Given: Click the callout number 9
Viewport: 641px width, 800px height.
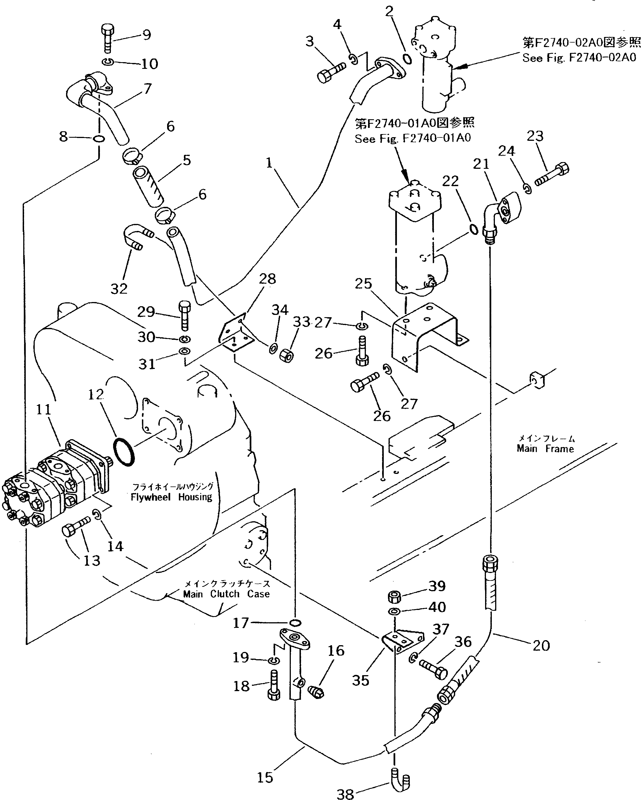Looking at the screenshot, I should tap(146, 35).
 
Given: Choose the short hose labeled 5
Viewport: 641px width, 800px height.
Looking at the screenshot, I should tap(148, 187).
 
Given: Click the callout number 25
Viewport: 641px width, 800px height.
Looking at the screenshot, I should tap(363, 284).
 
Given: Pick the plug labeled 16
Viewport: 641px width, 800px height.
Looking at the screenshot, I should tap(316, 691).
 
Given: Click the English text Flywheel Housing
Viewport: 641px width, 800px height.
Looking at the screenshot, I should tap(171, 497).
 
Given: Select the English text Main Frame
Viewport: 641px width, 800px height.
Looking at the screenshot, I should tap(545, 449).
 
